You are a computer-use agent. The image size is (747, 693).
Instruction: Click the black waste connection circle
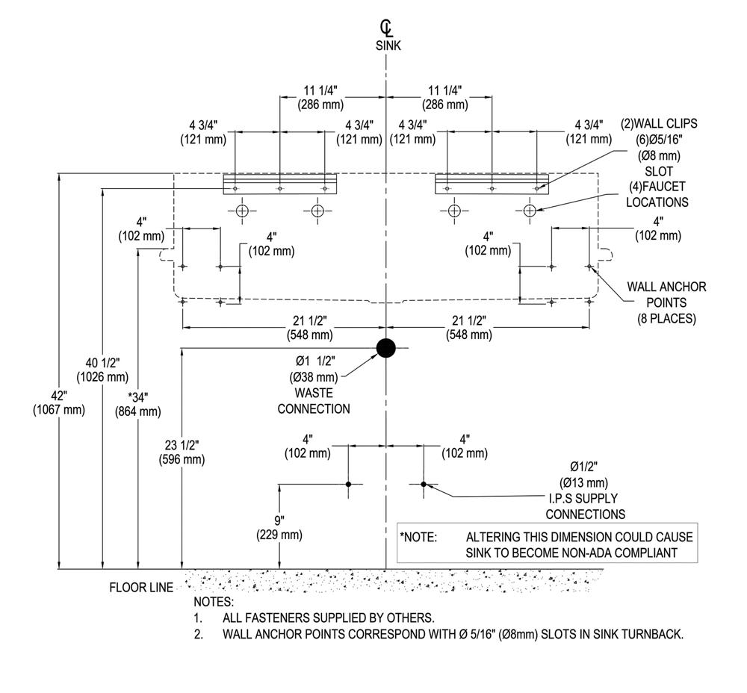pyautogui.click(x=386, y=348)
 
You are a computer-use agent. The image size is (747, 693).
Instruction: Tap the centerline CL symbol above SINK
pyautogui.click(x=386, y=28)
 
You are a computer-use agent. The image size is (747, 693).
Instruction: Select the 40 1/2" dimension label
pyautogui.click(x=103, y=370)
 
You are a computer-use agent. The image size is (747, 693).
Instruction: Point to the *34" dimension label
pyautogui.click(x=137, y=404)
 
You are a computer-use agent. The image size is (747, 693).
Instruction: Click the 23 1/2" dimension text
pyautogui.click(x=182, y=452)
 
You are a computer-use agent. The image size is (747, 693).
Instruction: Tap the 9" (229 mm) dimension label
pyautogui.click(x=279, y=527)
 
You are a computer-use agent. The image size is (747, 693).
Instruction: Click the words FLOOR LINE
pyautogui.click(x=141, y=587)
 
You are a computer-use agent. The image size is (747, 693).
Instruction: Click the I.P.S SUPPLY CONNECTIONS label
pyautogui.click(x=586, y=506)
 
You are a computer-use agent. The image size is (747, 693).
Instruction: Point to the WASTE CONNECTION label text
pyautogui.click(x=314, y=401)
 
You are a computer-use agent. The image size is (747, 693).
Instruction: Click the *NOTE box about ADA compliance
pyautogui.click(x=548, y=542)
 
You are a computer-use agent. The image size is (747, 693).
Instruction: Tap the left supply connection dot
pyautogui.click(x=348, y=484)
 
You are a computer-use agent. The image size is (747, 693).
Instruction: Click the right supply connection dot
pyautogui.click(x=424, y=484)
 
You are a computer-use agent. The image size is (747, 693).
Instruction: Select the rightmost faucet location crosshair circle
pyautogui.click(x=530, y=210)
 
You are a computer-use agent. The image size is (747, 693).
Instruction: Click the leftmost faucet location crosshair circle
pyautogui.click(x=242, y=211)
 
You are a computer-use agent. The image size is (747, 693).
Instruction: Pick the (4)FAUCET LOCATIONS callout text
pyautogui.click(x=657, y=194)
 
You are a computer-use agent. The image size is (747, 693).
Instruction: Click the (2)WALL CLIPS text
pyautogui.click(x=659, y=124)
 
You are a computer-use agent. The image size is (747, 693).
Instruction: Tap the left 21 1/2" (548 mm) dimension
pyautogui.click(x=310, y=328)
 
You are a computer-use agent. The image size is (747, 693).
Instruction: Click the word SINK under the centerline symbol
pyautogui.click(x=388, y=46)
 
